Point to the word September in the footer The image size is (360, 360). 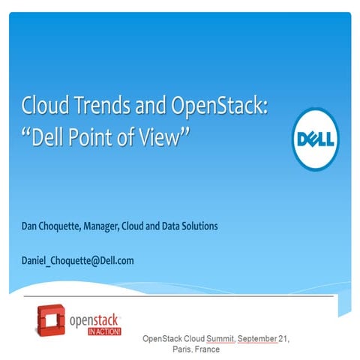point(257,340)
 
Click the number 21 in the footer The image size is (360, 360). point(283,340)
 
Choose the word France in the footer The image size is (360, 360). point(208,349)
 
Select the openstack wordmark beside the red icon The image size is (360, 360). point(94,318)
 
